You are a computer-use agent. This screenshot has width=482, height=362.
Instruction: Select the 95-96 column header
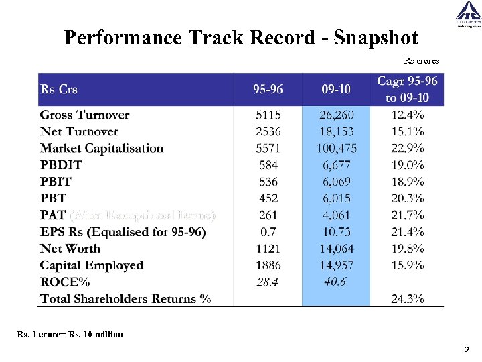pyautogui.click(x=268, y=89)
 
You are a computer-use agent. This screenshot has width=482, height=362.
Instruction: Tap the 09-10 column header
pyautogui.click(x=335, y=89)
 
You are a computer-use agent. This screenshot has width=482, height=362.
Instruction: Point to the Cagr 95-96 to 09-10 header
pyautogui.click(x=407, y=89)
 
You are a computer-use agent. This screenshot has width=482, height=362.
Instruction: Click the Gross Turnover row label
pyautogui.click(x=84, y=115)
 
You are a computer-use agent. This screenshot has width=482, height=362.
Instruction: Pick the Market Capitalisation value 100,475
pyautogui.click(x=337, y=148)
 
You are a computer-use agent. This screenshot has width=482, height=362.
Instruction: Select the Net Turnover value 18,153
pyautogui.click(x=337, y=131)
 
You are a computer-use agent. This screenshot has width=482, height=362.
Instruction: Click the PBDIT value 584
pyautogui.click(x=268, y=165)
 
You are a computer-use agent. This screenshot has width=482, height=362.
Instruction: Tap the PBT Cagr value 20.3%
pyautogui.click(x=407, y=198)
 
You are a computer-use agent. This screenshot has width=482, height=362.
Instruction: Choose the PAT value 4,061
pyautogui.click(x=337, y=215)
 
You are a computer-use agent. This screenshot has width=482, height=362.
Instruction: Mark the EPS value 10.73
pyautogui.click(x=337, y=232)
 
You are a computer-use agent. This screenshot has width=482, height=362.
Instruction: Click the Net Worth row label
pyautogui.click(x=70, y=249)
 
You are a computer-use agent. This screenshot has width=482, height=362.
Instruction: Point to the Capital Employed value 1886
pyautogui.click(x=268, y=265)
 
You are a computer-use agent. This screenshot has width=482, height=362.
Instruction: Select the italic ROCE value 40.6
pyautogui.click(x=335, y=282)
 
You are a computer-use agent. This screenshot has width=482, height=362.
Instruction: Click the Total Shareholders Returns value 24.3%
pyautogui.click(x=407, y=299)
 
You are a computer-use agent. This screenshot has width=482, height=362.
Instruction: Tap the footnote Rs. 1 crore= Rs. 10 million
pyautogui.click(x=70, y=334)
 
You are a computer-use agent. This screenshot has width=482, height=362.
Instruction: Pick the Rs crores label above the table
pyautogui.click(x=422, y=61)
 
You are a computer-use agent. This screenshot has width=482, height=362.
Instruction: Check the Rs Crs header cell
pyautogui.click(x=59, y=89)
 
